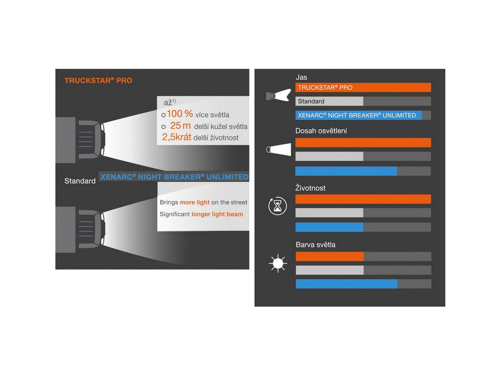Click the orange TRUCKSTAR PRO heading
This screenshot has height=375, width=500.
tap(98, 81)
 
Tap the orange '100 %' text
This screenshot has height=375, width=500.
tap(180, 115)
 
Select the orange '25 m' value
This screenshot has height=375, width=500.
tap(180, 126)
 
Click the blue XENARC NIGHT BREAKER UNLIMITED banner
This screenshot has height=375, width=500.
tap(174, 177)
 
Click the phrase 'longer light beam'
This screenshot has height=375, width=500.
tap(217, 214)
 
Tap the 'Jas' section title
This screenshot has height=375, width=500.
tap(301, 77)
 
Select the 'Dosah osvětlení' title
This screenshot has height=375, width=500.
tap(321, 131)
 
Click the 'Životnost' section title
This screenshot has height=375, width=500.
tap(311, 188)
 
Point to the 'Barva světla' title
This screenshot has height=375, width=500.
tap(315, 245)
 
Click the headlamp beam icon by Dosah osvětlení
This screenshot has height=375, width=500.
tap(277, 149)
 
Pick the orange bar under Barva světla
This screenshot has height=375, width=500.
tap(330, 256)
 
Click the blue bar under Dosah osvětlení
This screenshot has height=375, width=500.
tap(346, 171)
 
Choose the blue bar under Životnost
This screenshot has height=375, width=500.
tap(330, 228)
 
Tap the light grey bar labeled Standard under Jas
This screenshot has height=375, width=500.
tap(330, 101)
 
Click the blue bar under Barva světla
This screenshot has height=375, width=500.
tap(346, 284)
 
